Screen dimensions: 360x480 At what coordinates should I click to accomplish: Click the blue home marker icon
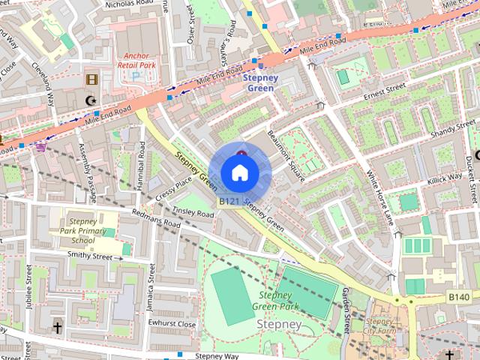(x=240, y=172)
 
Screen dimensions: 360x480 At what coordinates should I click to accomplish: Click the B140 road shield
(x=459, y=297)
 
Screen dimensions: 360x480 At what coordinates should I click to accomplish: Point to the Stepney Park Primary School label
(x=82, y=231)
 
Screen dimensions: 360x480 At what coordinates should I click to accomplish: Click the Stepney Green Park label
(x=279, y=300)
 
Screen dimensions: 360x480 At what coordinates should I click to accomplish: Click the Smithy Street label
(x=94, y=256)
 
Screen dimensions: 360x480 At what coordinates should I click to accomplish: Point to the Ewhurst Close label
(x=172, y=324)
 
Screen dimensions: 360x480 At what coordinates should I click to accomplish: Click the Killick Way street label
(x=445, y=178)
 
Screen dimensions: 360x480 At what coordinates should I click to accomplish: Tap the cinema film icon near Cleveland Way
(x=91, y=79)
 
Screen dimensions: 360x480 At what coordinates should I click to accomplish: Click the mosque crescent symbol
(x=91, y=100)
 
